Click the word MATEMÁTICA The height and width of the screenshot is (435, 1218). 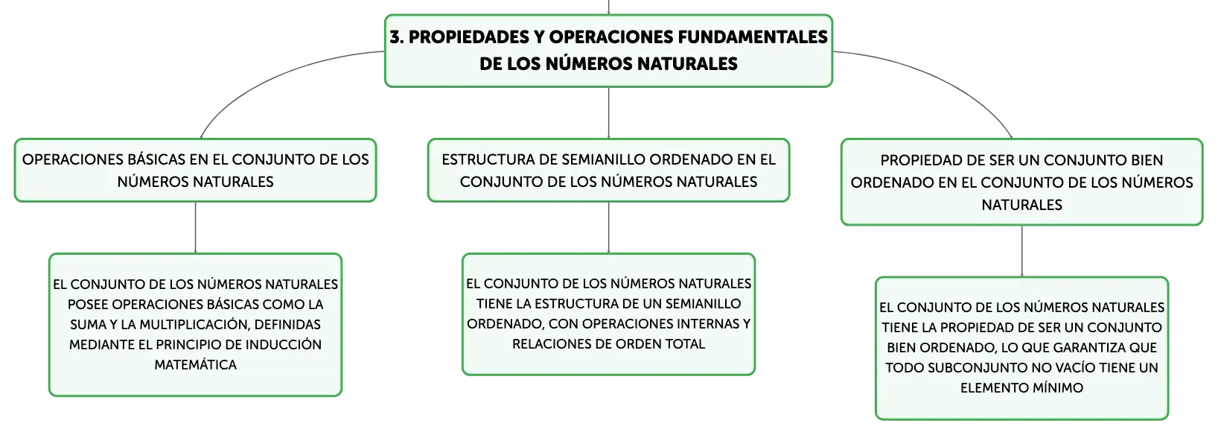[195, 365]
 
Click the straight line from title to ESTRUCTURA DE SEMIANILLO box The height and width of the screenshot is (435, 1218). [608, 112]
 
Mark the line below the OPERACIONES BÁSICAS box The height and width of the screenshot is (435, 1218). [195, 227]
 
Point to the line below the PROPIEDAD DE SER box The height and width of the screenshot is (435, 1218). [1021, 251]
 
